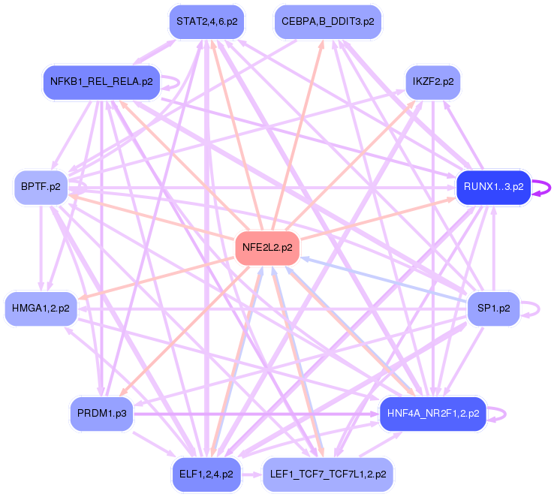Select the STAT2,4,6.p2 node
[x=206, y=21]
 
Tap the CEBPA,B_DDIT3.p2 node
[x=327, y=21]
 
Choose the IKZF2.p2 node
[x=433, y=81]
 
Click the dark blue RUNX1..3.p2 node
[x=493, y=187]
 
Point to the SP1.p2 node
[x=493, y=308]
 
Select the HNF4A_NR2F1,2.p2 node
[x=433, y=413]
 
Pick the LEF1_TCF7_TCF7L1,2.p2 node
[x=327, y=474]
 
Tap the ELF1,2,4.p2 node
[x=206, y=474]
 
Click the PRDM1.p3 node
[x=101, y=413]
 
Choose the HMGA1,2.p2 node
[x=41, y=308]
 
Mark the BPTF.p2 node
[x=41, y=187]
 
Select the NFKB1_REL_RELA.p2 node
[x=101, y=81]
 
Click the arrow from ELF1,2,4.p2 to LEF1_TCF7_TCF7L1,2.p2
[x=252, y=474]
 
